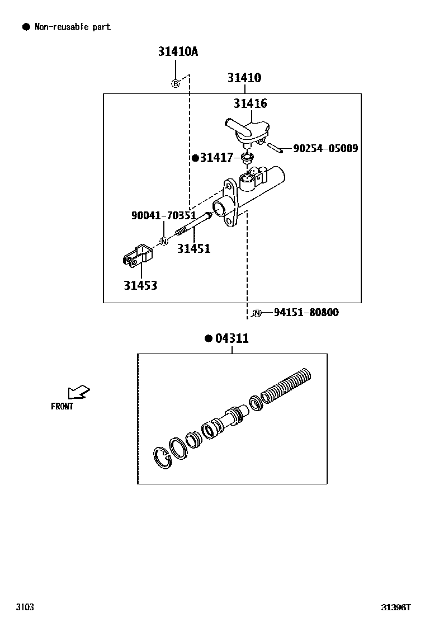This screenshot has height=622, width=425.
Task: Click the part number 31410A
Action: pos(178,51)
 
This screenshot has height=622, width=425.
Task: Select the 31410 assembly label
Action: pos(244,78)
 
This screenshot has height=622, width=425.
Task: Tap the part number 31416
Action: pos(250,103)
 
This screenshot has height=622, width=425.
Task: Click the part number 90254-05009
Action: pos(325,148)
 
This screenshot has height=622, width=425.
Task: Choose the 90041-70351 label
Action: pos(163,215)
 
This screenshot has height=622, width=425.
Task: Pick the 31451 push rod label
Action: pos(193,248)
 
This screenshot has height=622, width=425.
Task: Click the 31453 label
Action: pos(140,285)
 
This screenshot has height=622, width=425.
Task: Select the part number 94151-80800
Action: pos(306,313)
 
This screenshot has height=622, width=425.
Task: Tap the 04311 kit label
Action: pos(232,338)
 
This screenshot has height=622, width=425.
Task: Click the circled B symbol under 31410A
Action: pos(175,83)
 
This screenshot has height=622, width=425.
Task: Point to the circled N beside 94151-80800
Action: pos(257,313)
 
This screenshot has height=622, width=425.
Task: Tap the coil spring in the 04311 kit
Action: pos(286,385)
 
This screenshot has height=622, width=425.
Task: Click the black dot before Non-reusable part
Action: pos(26,27)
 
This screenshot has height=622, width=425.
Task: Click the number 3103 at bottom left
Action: pos(25,607)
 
